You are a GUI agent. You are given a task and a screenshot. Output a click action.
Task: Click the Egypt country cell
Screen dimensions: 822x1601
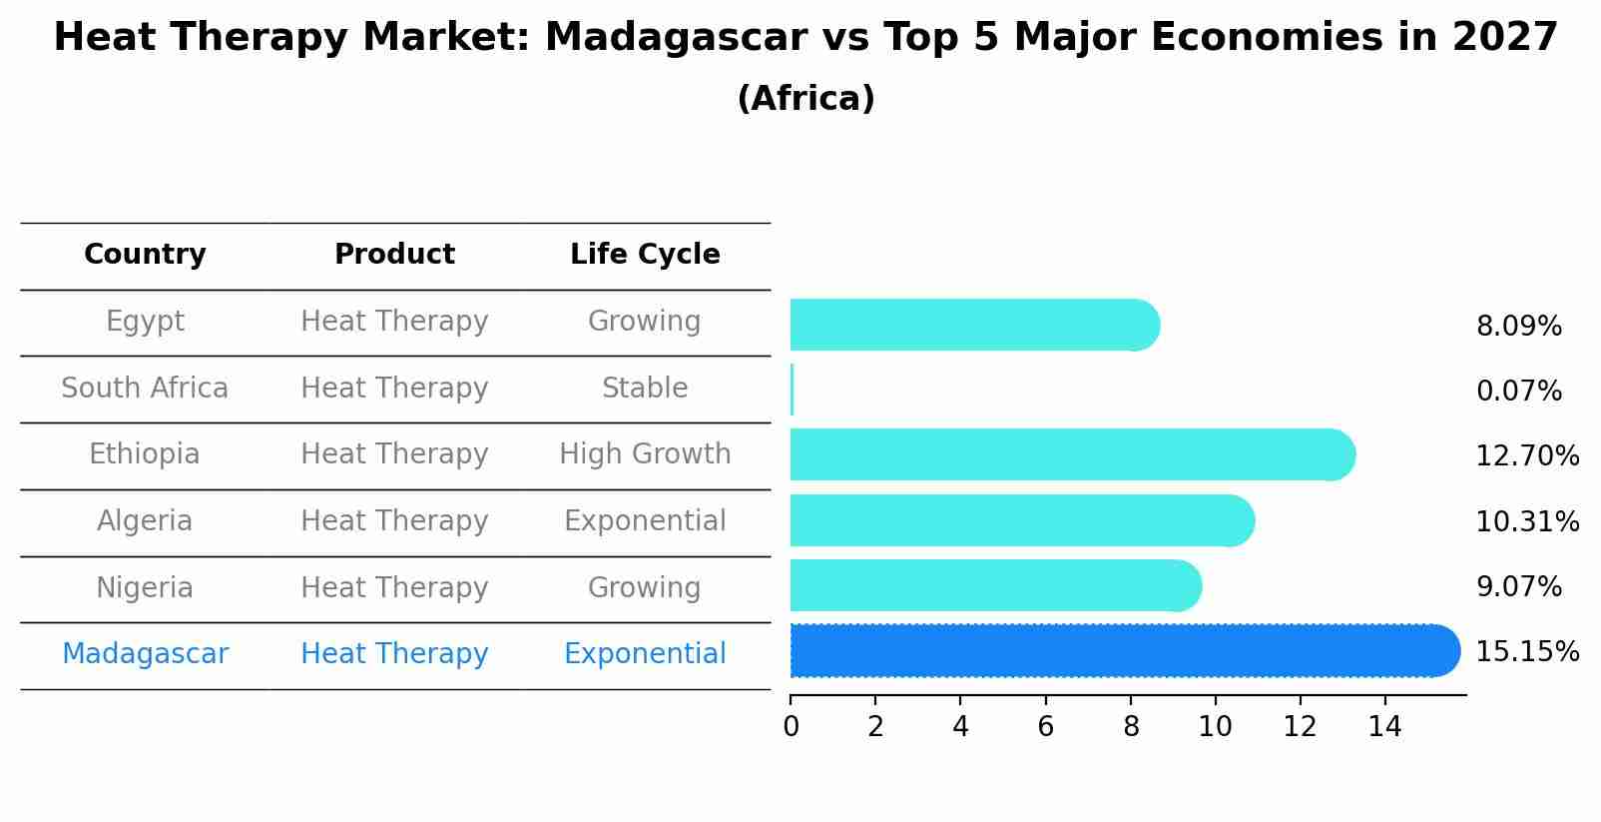145,322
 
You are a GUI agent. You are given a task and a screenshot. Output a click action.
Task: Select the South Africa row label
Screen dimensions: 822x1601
145,389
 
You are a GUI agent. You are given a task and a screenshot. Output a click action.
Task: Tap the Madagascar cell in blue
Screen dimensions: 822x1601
145,654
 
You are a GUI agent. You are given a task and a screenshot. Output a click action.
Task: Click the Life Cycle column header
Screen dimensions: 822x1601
645,255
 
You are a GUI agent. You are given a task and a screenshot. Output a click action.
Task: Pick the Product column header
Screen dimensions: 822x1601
394,255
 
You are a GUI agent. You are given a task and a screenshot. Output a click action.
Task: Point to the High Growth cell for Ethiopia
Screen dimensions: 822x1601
645,454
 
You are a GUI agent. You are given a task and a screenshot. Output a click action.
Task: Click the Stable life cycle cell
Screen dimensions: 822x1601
645,389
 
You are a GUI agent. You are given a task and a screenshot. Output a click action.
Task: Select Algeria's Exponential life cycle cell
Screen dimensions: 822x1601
645,521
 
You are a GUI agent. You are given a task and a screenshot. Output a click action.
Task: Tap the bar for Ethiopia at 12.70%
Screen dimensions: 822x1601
1068,455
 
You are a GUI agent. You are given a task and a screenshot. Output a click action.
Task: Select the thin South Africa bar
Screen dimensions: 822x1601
793,390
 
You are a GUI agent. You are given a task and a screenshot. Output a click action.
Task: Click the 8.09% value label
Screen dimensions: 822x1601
1518,327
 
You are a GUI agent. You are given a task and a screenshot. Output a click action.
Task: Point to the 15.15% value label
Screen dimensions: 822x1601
1527,652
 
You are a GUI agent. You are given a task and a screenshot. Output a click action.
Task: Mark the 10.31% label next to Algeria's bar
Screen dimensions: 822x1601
1527,522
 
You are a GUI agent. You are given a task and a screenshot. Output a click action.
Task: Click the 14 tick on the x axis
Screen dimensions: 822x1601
1384,727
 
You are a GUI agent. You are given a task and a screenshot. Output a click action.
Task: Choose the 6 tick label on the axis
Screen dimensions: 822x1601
1045,727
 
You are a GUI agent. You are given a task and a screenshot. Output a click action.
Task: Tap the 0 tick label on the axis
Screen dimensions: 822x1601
791,727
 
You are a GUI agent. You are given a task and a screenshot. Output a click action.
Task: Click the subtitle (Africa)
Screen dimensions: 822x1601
805,99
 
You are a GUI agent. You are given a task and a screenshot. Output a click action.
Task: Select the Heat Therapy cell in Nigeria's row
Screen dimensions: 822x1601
394,588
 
